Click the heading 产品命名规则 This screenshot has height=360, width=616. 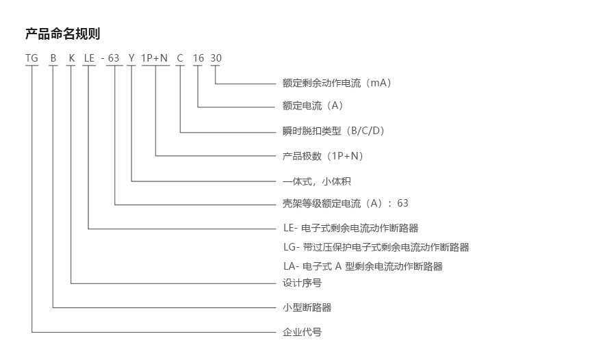[x=63, y=34]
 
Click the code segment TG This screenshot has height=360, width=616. [x=31, y=58]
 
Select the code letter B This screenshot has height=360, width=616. [x=53, y=58]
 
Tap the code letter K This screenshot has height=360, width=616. [x=71, y=58]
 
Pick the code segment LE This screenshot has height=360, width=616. [x=89, y=58]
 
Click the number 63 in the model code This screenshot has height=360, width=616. [x=114, y=58]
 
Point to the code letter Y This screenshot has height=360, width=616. [x=131, y=58]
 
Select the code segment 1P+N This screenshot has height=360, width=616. [x=155, y=58]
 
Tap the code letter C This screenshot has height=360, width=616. [x=180, y=58]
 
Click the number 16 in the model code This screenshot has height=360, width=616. [x=198, y=58]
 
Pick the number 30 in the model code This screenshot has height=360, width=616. [x=216, y=58]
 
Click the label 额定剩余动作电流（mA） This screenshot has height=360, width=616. [x=337, y=83]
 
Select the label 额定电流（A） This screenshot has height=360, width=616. [x=313, y=105]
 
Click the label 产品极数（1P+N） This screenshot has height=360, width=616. [x=323, y=156]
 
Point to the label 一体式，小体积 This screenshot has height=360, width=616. [x=317, y=181]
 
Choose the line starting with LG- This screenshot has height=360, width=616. [x=376, y=247]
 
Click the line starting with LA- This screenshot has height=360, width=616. [x=363, y=266]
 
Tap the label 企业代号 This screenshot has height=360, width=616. [x=302, y=332]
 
